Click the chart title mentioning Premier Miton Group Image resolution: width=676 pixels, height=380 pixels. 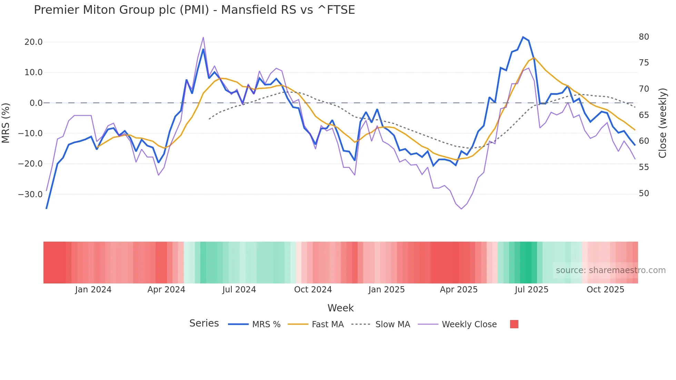[x=194, y=10]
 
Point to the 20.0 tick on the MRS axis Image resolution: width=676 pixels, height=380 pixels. [x=33, y=42]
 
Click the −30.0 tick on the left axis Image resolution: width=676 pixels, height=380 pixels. [x=30, y=194]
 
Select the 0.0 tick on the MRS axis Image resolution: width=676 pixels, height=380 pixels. [x=36, y=103]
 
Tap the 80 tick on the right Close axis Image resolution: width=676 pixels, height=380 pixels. [x=644, y=37]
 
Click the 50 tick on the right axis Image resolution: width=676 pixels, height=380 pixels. [x=644, y=193]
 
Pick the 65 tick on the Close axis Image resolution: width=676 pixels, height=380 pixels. [x=644, y=115]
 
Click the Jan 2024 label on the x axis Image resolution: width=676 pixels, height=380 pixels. [x=93, y=290]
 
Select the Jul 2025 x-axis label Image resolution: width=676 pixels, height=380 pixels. [x=531, y=290]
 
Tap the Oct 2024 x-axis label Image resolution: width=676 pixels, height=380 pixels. [x=313, y=290]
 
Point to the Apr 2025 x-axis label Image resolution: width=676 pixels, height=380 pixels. [x=458, y=290]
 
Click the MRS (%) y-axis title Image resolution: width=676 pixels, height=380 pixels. [x=6, y=123]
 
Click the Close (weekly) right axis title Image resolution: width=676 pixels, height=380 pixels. [x=662, y=123]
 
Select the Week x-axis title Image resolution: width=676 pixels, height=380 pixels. [x=340, y=308]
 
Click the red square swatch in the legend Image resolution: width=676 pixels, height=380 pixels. [x=514, y=324]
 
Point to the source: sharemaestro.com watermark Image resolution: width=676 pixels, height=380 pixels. [x=610, y=270]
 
